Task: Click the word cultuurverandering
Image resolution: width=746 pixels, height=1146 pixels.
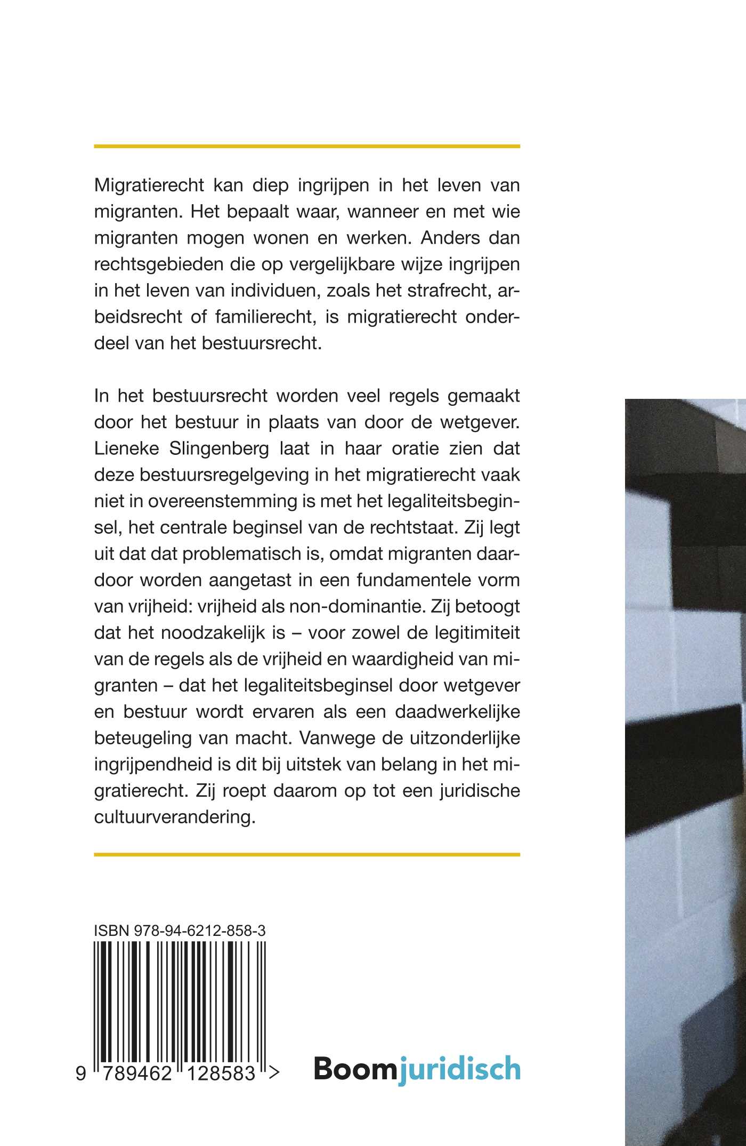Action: (x=175, y=816)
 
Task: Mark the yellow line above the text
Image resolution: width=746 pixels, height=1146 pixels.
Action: (x=306, y=146)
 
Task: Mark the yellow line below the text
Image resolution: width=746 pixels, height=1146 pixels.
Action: (x=306, y=854)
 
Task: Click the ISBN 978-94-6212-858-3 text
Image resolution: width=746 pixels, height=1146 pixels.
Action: (x=180, y=931)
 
